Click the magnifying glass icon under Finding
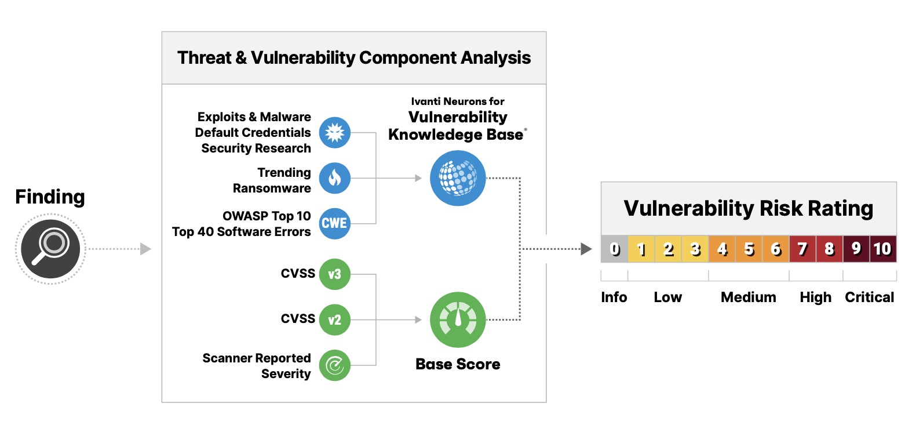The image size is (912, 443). point(50,249)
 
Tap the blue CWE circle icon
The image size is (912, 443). point(334,223)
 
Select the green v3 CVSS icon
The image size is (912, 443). point(334,274)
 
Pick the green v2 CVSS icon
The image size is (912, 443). point(334,319)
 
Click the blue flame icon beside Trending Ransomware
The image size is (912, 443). point(334,178)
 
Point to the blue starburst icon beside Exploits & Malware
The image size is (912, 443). point(334,133)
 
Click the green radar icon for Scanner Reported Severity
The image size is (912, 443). point(334,365)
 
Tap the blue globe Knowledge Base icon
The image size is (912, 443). point(458,178)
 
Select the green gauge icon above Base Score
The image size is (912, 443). point(458,319)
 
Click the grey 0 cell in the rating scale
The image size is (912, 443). point(614,249)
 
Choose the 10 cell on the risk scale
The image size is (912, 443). point(882,249)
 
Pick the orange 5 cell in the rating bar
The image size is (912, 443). point(749,249)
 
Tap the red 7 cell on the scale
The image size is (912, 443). point(802,249)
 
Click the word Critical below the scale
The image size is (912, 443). point(869,297)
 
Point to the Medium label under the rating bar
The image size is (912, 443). point(748,297)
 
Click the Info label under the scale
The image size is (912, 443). point(614,297)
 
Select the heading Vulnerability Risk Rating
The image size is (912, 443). point(748,208)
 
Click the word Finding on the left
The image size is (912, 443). point(50,197)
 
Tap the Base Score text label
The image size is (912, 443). point(458,364)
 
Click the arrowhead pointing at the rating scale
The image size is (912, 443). point(586,249)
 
